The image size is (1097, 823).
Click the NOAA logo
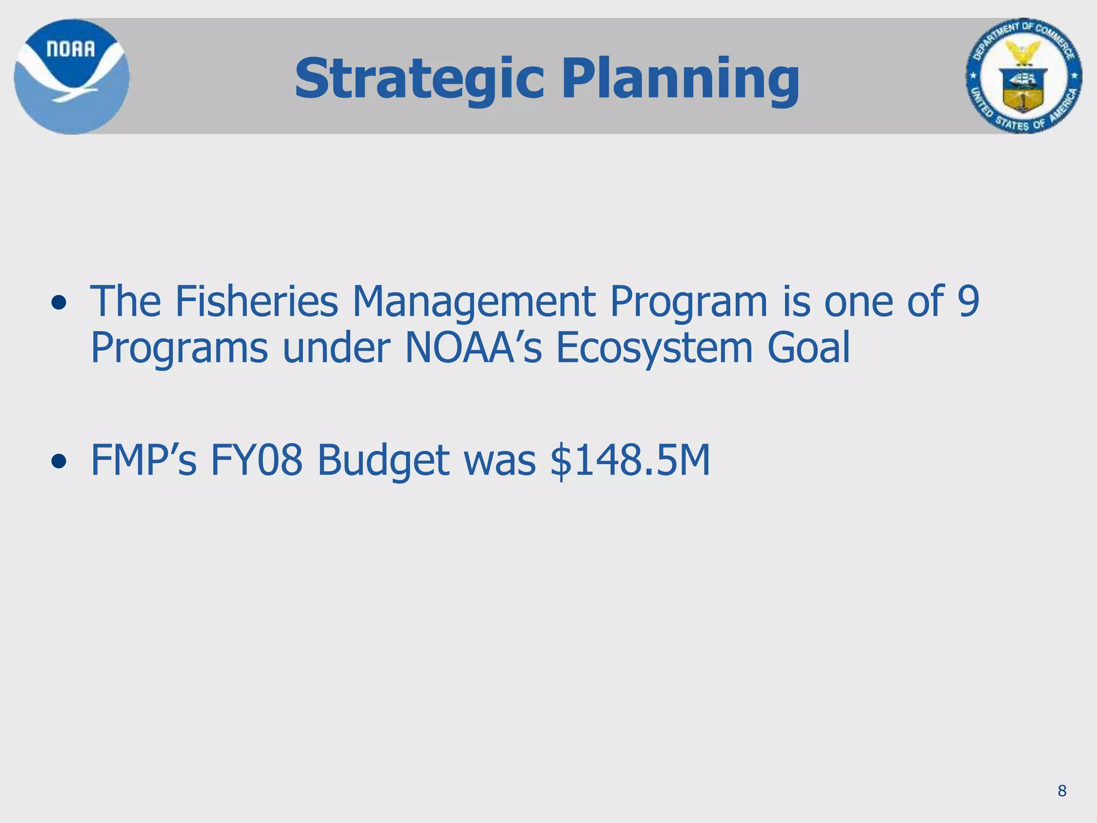(x=71, y=77)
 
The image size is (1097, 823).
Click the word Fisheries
(x=257, y=302)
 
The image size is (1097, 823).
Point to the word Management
(x=474, y=302)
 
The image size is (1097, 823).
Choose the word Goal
(x=809, y=348)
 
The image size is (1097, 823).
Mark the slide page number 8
(x=1062, y=791)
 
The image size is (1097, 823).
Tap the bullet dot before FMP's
(x=59, y=461)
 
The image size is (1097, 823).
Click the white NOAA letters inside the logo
(x=71, y=49)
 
